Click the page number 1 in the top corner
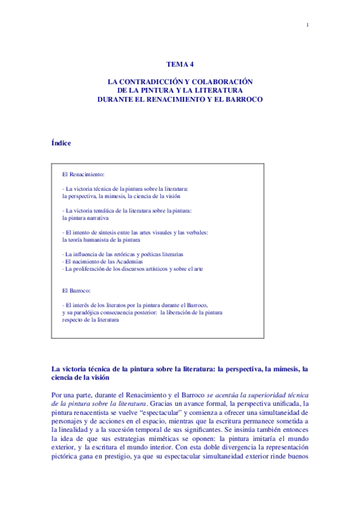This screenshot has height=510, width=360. (x=307, y=25)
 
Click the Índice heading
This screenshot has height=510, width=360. (x=62, y=143)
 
